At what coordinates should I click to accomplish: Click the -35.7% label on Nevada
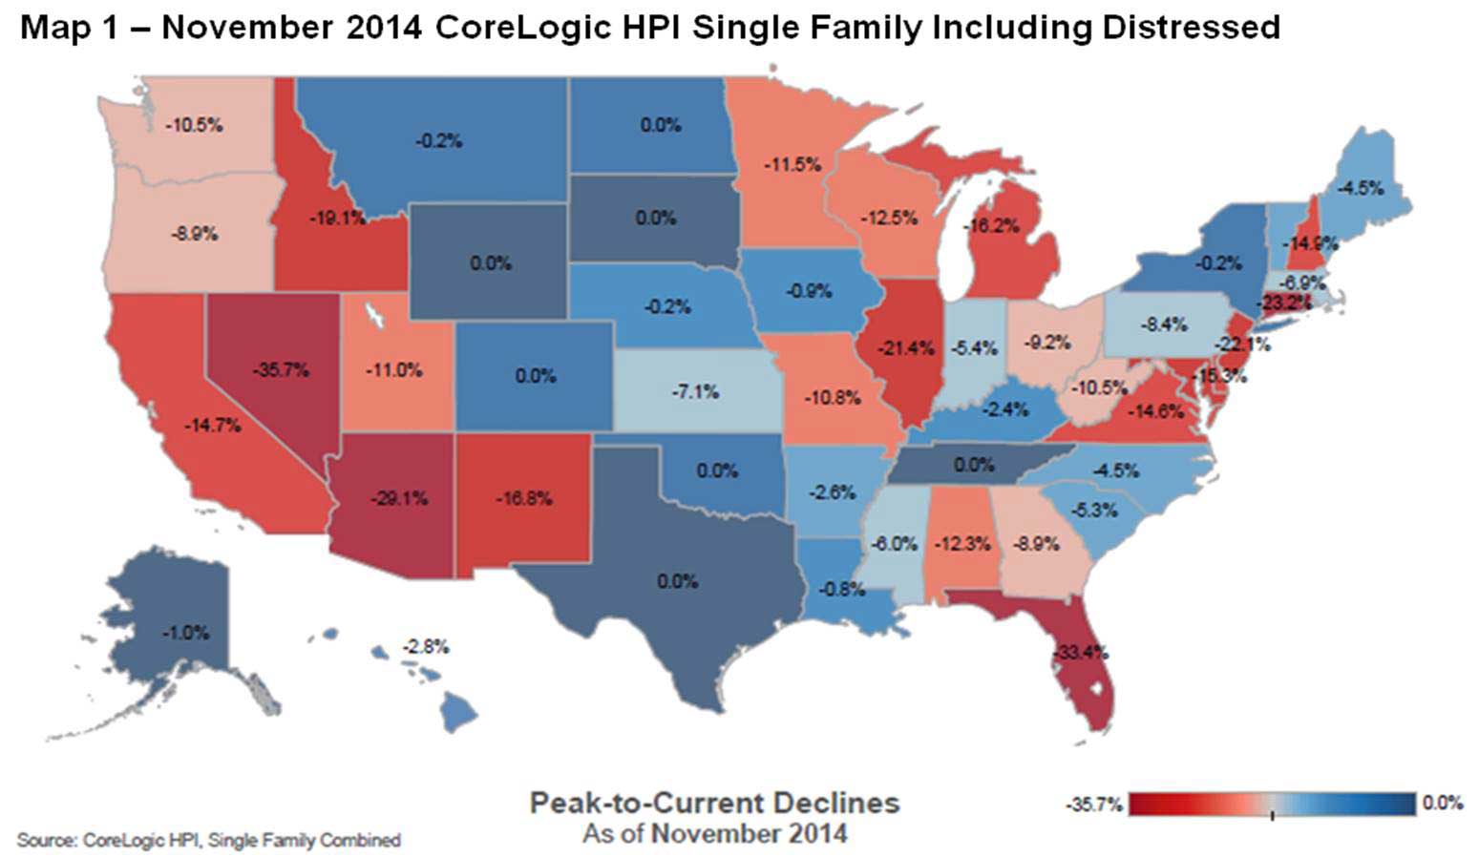pyautogui.click(x=281, y=369)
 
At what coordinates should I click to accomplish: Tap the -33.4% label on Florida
pyautogui.click(x=1081, y=654)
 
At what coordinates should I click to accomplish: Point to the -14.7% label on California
pyautogui.click(x=212, y=426)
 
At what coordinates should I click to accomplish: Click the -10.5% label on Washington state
pyautogui.click(x=194, y=125)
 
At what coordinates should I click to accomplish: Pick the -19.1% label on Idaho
pyautogui.click(x=337, y=218)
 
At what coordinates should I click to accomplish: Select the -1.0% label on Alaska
pyautogui.click(x=184, y=633)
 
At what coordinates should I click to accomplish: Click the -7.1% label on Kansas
pyautogui.click(x=695, y=391)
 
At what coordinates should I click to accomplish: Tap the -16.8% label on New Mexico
pyautogui.click(x=524, y=498)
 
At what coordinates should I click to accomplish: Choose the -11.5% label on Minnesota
pyautogui.click(x=792, y=164)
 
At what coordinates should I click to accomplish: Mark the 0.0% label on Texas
pyautogui.click(x=677, y=580)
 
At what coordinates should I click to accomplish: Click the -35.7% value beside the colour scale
pyautogui.click(x=1095, y=805)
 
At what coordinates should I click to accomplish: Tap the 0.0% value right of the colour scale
pyautogui.click(x=1442, y=803)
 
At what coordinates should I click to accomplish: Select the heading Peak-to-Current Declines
pyautogui.click(x=714, y=803)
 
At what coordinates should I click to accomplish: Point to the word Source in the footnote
pyautogui.click(x=45, y=841)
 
